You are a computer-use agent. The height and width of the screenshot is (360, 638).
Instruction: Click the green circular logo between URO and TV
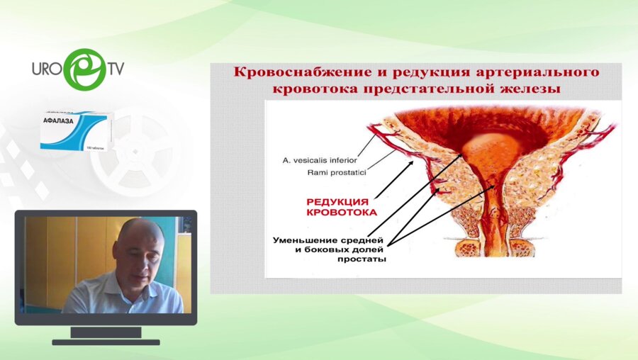pos(84,69)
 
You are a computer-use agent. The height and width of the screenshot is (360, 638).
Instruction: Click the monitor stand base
pos(106,342)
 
